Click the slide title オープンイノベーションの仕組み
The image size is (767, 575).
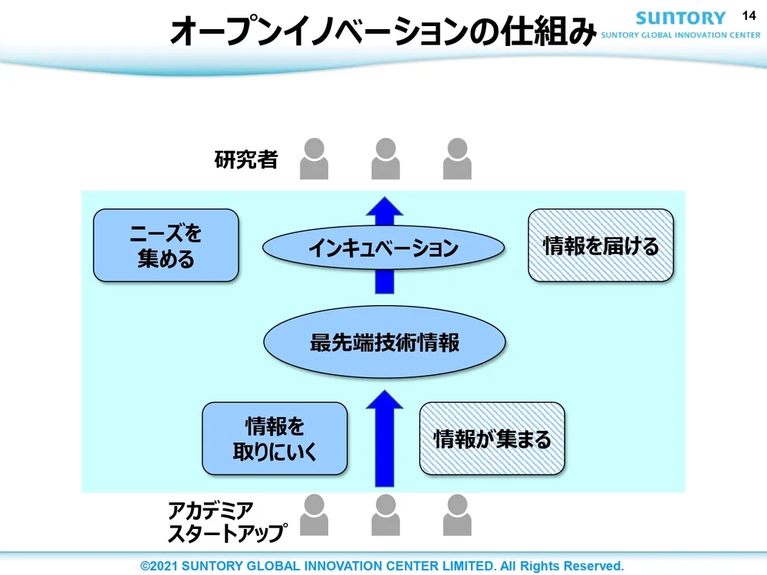[x=382, y=31]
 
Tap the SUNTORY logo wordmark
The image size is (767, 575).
[x=680, y=18]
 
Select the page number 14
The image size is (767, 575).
[x=749, y=15]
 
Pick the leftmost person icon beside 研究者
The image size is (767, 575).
[x=314, y=159]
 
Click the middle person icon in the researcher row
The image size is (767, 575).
[x=385, y=159]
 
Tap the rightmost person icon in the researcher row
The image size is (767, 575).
[x=457, y=159]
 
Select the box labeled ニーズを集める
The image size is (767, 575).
[x=166, y=245]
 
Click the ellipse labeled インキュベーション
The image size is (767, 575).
[x=383, y=248]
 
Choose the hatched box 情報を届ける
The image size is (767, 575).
[x=601, y=245]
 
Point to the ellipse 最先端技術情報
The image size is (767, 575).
[x=384, y=342]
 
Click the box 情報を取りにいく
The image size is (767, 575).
[x=275, y=439]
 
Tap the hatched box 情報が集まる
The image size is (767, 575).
[x=492, y=439]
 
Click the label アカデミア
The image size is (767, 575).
[x=211, y=509]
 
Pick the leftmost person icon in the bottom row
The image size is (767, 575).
[x=314, y=514]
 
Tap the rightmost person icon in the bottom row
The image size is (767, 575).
[x=457, y=514]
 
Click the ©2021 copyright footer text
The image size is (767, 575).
[x=382, y=566]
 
